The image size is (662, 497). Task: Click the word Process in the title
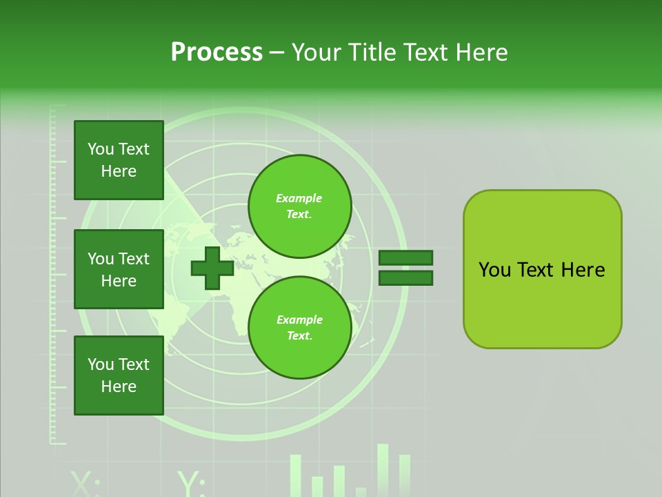[x=217, y=52]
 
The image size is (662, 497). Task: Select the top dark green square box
[x=119, y=160]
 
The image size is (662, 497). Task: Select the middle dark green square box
[x=119, y=269]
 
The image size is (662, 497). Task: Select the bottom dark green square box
[x=119, y=376]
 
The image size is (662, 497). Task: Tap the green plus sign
[x=212, y=268]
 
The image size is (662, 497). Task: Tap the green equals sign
[x=405, y=268]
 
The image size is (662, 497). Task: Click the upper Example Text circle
[x=299, y=206]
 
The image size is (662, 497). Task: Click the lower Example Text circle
[x=299, y=327]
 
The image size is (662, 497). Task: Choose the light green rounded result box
[x=542, y=269]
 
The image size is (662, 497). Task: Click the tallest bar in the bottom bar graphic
[x=383, y=469]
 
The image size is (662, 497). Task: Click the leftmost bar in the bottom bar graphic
[x=296, y=475]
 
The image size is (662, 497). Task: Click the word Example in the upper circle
[x=299, y=198]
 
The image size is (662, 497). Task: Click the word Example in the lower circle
[x=299, y=320]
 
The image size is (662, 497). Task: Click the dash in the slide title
[x=277, y=52]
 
